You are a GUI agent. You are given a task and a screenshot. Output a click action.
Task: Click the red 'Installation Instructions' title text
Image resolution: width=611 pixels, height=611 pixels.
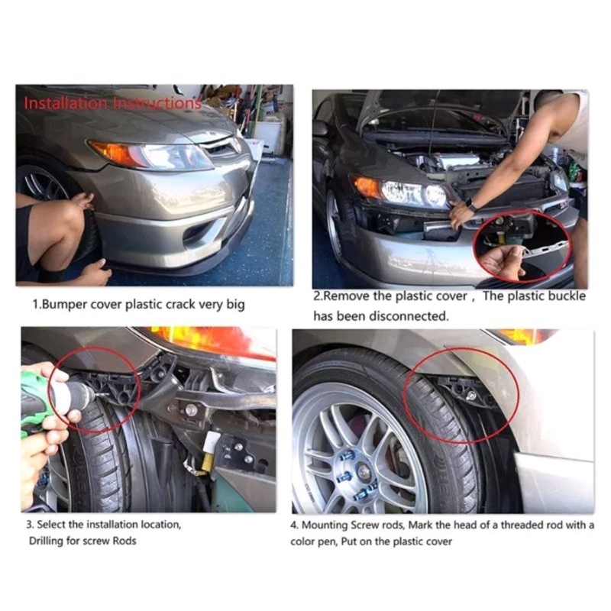pos(112,103)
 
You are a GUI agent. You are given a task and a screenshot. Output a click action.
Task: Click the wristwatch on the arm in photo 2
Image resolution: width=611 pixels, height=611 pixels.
pos(470,205)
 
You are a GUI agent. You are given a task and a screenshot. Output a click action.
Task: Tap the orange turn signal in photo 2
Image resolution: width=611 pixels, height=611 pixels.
pos(367,186)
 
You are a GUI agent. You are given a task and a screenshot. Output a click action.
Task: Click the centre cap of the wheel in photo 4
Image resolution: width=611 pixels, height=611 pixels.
pos(362,470)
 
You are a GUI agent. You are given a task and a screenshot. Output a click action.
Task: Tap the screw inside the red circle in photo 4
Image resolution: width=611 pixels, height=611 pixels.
pos(470,396)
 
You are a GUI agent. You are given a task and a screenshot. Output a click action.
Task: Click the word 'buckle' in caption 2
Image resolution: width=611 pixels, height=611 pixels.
pos(567,296)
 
